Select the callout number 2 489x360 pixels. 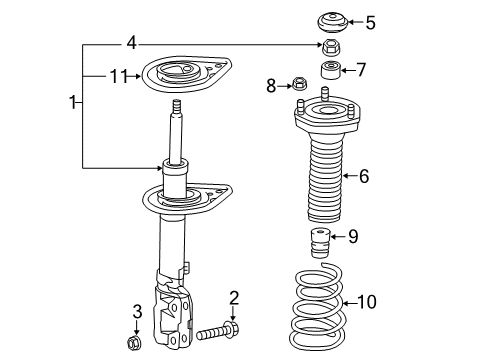(x=233, y=296)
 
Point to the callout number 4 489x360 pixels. (x=130, y=43)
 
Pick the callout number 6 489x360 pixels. (x=363, y=177)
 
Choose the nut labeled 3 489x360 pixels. (x=136, y=344)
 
